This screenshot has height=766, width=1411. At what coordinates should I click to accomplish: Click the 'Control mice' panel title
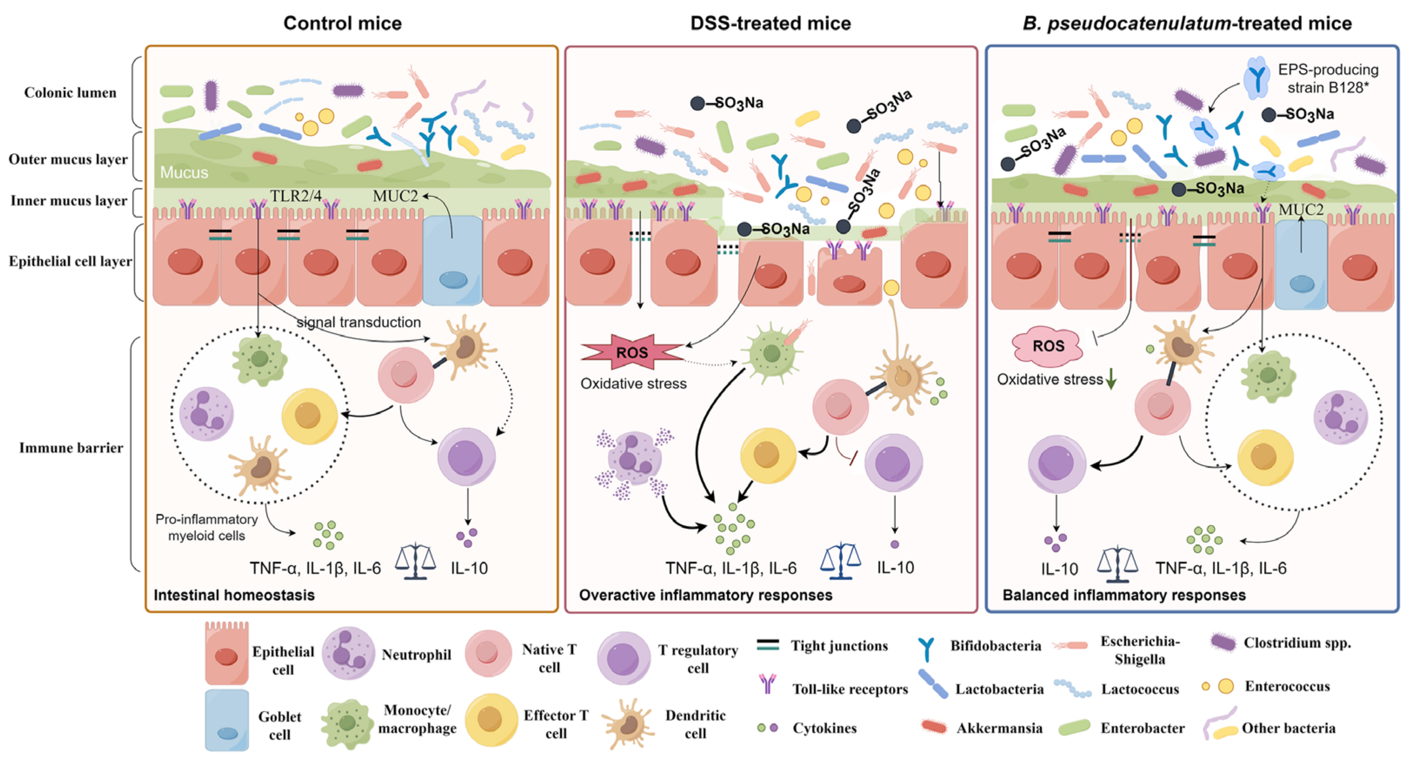(343, 23)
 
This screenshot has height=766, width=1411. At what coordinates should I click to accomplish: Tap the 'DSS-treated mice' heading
(770, 23)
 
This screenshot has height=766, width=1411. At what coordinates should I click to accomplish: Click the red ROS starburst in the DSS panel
(632, 352)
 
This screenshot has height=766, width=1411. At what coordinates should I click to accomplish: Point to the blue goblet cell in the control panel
(453, 260)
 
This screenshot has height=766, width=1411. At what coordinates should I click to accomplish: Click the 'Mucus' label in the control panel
(184, 173)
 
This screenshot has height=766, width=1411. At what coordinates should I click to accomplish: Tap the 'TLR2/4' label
(296, 196)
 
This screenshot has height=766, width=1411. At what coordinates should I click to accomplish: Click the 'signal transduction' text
(359, 322)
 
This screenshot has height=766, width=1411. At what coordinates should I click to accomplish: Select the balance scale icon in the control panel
(415, 562)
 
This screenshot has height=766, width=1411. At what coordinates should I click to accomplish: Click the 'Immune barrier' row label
(71, 448)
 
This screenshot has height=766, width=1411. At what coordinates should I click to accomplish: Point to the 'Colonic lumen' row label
(70, 93)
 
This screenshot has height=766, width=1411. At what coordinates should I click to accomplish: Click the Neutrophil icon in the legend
(348, 653)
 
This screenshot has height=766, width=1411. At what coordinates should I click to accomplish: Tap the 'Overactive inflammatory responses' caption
(705, 595)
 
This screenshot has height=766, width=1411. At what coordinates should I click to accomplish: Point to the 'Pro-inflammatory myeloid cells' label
(206, 527)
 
